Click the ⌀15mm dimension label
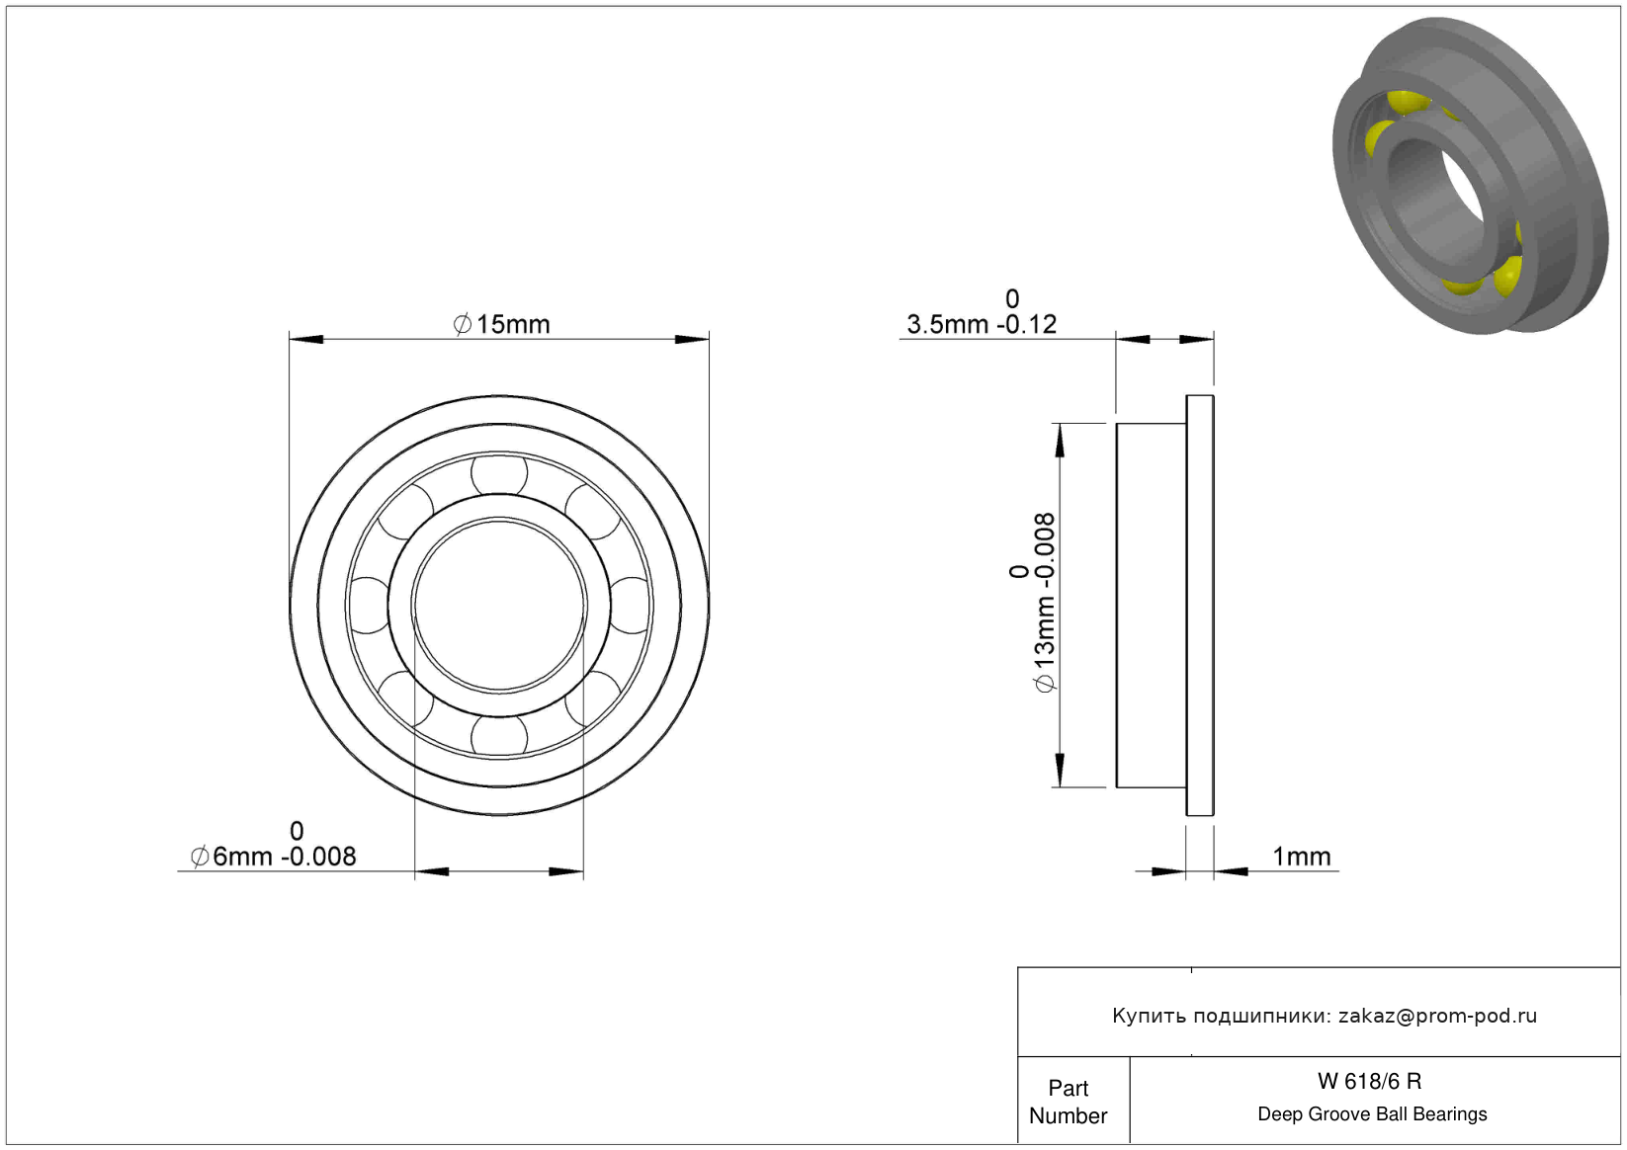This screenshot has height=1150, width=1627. tap(501, 324)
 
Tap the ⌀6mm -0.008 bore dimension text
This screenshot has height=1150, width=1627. tap(273, 857)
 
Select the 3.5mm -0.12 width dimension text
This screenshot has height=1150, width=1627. tap(982, 324)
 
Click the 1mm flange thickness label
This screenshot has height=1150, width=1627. tap(1302, 857)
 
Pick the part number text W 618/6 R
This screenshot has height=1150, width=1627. tap(1370, 1081)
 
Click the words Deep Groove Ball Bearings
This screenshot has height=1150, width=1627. tap(1372, 1113)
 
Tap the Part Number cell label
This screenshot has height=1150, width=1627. tap(1068, 1102)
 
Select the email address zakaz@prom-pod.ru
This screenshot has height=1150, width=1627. tap(1437, 1015)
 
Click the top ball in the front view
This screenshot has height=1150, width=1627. tap(499, 475)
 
